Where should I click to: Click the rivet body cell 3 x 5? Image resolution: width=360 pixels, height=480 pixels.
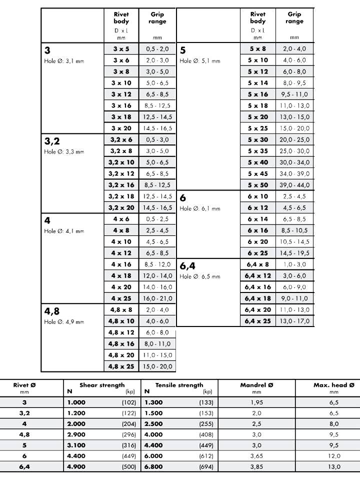click(x=120, y=49)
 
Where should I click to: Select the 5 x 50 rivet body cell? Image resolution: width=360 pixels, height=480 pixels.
click(x=257, y=185)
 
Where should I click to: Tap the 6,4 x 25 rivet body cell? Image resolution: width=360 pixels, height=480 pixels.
click(x=257, y=321)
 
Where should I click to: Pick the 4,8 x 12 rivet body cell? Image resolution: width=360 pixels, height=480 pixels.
click(x=121, y=332)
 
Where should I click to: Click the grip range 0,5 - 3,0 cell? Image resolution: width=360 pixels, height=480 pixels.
click(x=157, y=140)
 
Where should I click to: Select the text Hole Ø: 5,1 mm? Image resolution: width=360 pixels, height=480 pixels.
click(x=199, y=61)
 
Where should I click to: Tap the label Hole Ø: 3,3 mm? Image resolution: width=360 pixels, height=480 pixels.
click(x=64, y=151)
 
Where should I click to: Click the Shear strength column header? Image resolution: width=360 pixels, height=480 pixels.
click(x=102, y=385)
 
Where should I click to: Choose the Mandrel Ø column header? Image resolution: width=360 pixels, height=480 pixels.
click(x=257, y=385)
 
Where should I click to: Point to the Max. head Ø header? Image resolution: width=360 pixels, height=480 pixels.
click(x=334, y=385)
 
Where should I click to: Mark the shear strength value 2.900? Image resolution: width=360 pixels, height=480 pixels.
click(x=76, y=434)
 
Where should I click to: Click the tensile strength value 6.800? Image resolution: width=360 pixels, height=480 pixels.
click(x=153, y=466)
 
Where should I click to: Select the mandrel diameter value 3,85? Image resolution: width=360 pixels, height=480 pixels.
click(x=257, y=466)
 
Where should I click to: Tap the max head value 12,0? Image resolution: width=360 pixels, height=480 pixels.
click(x=334, y=455)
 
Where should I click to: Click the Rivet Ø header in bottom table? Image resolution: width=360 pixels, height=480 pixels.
click(x=24, y=385)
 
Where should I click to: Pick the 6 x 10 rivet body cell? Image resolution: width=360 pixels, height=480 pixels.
click(x=257, y=196)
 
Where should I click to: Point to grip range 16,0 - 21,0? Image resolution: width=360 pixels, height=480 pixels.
click(x=157, y=298)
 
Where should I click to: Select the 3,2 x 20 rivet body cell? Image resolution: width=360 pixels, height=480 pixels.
click(x=121, y=207)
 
